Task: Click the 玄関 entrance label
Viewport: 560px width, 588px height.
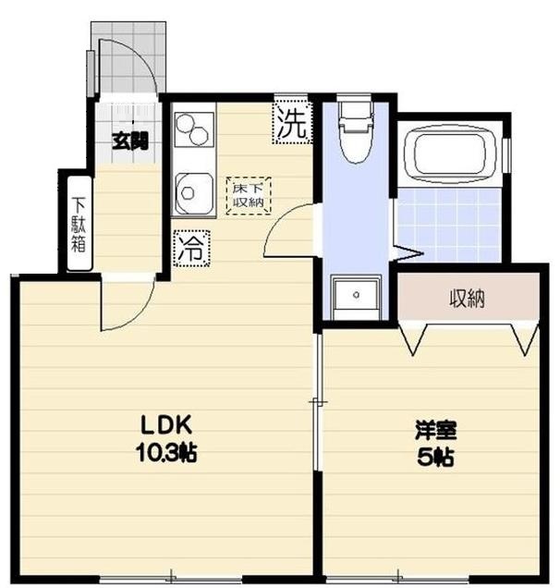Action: (130, 141)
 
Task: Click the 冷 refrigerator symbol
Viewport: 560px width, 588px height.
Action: (191, 246)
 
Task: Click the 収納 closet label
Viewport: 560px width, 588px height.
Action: (469, 299)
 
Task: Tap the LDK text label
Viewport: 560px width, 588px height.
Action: (165, 426)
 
